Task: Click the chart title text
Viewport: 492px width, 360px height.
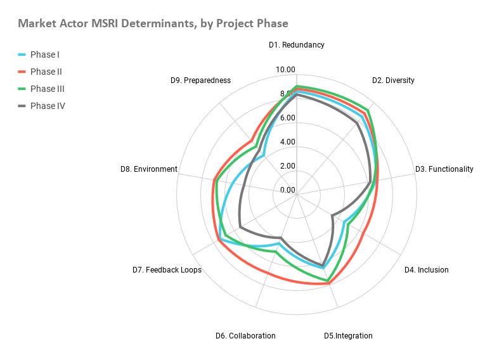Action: [x=153, y=23]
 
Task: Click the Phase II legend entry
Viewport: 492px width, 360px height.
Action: [x=46, y=72]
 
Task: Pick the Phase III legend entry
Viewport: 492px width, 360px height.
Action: [x=47, y=89]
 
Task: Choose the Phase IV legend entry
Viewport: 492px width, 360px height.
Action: [x=48, y=106]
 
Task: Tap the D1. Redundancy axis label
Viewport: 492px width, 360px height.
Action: [x=296, y=45]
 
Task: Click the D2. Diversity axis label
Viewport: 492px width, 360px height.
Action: [x=393, y=80]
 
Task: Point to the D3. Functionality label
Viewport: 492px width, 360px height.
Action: [x=444, y=169]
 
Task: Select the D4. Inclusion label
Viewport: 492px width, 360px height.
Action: [x=426, y=270]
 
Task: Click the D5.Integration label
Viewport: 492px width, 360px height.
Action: [x=348, y=336]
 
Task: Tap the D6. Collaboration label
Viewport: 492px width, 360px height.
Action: [x=245, y=336]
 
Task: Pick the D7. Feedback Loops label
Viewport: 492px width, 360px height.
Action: [x=167, y=270]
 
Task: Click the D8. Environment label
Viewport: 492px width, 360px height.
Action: [x=148, y=169]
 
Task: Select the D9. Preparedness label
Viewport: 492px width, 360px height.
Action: [x=200, y=80]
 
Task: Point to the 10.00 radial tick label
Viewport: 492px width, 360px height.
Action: [x=287, y=70]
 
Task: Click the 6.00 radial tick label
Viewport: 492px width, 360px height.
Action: [x=287, y=118]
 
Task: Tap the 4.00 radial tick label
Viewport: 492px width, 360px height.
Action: [x=287, y=142]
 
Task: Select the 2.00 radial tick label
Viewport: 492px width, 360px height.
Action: [x=287, y=166]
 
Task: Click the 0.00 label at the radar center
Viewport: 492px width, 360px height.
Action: [x=287, y=190]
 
